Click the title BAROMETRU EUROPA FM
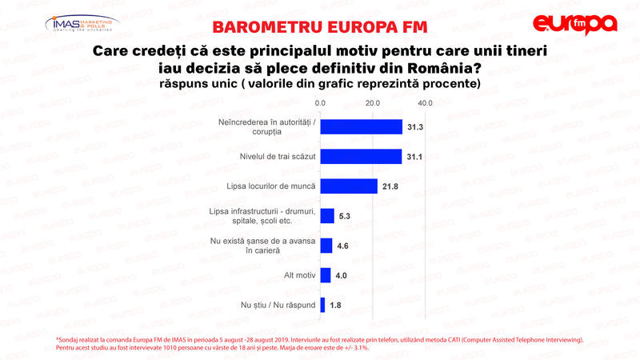[x=320, y=26]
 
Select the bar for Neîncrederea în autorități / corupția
[x=361, y=126]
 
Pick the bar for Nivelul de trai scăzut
[x=360, y=156]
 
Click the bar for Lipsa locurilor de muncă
[x=349, y=186]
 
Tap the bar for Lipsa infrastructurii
[x=327, y=215]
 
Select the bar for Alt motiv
[x=326, y=275]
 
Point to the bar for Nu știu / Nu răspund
[x=322, y=305]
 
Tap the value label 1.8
[x=337, y=305]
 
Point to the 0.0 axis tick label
[x=320, y=103]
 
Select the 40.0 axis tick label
[x=425, y=103]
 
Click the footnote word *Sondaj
[x=70, y=340]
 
